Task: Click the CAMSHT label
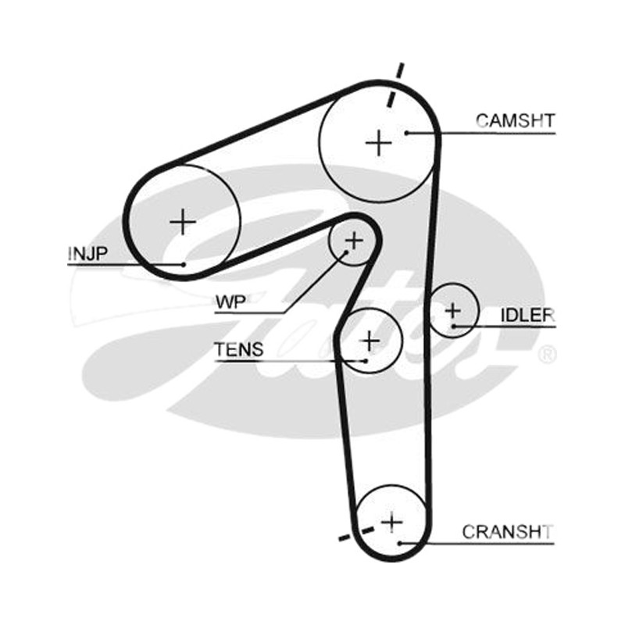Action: (515, 120)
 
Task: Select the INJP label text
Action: (87, 253)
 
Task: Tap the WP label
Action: (230, 302)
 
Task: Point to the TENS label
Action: (239, 349)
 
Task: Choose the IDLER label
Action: (527, 316)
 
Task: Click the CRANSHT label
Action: (507, 532)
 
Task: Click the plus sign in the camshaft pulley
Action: (379, 143)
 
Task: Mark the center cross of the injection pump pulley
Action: (183, 222)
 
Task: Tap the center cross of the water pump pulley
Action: (354, 241)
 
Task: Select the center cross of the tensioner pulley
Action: (370, 341)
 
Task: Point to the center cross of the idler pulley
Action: (453, 310)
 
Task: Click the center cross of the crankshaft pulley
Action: (392, 522)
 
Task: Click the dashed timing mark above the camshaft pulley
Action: (395, 84)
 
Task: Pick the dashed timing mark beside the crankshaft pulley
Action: (356, 534)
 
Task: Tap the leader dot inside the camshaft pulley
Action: (406, 133)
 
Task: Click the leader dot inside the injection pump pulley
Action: (184, 264)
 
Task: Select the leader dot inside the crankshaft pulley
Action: (399, 543)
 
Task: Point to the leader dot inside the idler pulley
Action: (454, 327)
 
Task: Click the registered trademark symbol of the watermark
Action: (547, 355)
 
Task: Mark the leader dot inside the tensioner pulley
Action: (365, 361)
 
